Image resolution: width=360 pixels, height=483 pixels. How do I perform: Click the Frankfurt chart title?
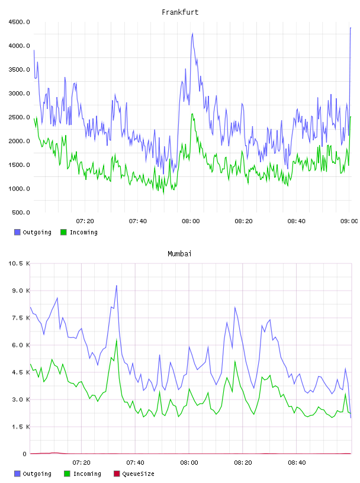(x=180, y=12)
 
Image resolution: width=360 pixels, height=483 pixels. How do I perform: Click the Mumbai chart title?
(x=179, y=253)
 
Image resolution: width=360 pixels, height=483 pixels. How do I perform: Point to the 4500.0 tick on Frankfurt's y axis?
(x=19, y=22)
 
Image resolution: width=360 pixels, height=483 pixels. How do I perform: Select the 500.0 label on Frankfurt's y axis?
(x=21, y=212)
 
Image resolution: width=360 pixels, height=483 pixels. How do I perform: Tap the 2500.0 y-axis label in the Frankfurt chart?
(x=19, y=117)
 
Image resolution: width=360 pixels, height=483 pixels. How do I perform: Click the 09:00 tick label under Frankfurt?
(x=349, y=221)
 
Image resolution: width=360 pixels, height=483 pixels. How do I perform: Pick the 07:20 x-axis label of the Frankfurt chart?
(x=85, y=221)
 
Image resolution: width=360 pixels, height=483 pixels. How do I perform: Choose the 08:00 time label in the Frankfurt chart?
(x=191, y=221)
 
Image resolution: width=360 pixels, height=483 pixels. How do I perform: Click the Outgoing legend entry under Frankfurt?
(x=33, y=232)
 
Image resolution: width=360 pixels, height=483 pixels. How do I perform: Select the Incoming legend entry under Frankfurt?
(x=79, y=232)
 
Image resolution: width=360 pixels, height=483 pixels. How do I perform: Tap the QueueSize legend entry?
(x=134, y=474)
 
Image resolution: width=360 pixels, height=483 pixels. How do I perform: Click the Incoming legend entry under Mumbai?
(x=82, y=474)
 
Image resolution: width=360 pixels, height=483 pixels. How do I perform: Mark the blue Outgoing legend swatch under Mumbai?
(x=17, y=474)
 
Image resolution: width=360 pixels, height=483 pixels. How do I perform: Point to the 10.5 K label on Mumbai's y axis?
(x=19, y=263)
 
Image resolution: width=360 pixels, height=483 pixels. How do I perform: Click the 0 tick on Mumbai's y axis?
(x=25, y=454)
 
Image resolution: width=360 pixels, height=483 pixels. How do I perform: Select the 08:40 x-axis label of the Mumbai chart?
(x=297, y=462)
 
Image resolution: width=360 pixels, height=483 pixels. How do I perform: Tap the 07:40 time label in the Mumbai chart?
(x=135, y=462)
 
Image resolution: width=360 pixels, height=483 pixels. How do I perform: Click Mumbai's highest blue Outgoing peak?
(x=117, y=285)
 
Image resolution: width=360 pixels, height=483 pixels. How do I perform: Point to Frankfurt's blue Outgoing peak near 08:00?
(x=192, y=33)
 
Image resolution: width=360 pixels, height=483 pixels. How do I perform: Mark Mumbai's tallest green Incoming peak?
(x=117, y=340)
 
